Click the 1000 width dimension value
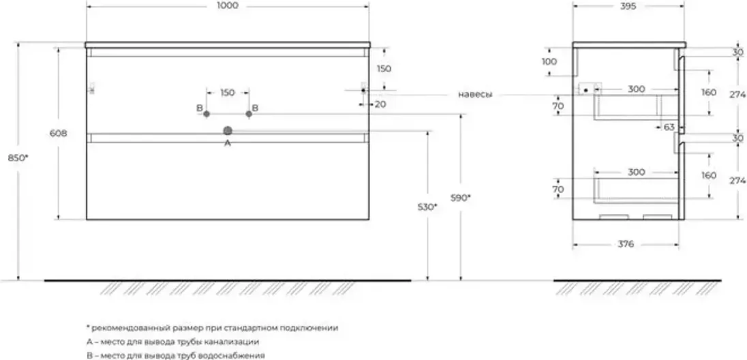pos(227,5)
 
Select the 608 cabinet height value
pos(58,134)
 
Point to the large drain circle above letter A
pos(227,131)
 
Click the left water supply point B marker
pos(207,114)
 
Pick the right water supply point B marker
pos(248,114)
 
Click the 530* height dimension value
pos(427,207)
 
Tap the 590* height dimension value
pos(461,198)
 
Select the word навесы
pos(475,94)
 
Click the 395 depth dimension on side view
pos(628,5)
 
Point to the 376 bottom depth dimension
pos(626,244)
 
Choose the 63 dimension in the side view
pos(669,127)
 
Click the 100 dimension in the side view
pos(549,61)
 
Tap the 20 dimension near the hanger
pos(380,104)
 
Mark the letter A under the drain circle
pos(227,142)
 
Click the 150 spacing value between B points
pos(227,93)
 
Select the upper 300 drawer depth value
pos(636,89)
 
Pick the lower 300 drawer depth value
pos(636,172)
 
